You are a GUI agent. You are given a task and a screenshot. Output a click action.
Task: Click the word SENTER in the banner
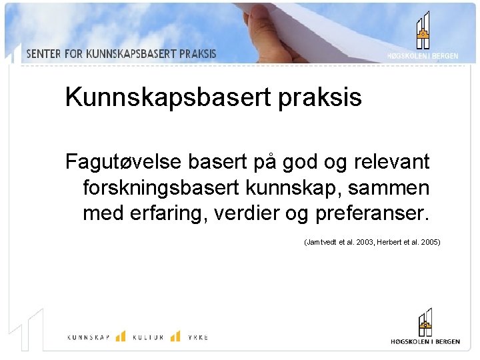pos(43,54)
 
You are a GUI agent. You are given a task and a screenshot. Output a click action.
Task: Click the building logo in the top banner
pos(423,31)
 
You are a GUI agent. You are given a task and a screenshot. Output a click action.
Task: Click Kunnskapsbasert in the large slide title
pos(167,98)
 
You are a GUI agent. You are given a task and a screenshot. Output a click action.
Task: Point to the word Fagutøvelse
pos(124,162)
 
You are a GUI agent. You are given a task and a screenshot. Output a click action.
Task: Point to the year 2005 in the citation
pos(429,243)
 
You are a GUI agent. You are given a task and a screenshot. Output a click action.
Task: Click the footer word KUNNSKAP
pos(89,337)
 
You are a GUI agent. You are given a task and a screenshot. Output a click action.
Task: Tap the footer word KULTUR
pos(147,337)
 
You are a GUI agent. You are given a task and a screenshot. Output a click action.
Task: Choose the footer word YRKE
pos(197,337)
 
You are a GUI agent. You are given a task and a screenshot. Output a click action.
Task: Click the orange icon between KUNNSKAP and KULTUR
pos(121,336)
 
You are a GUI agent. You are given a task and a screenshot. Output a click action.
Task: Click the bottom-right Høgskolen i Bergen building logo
pos(424,323)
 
